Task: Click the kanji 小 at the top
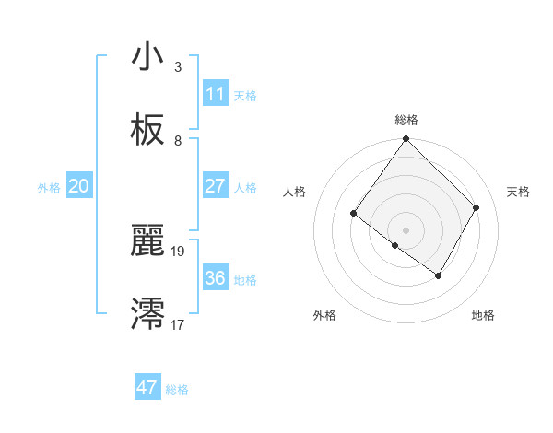click(x=147, y=57)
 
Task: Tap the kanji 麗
click(x=147, y=241)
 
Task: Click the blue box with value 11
click(x=215, y=94)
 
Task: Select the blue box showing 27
click(x=215, y=186)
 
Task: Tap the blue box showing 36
click(x=215, y=278)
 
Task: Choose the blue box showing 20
click(x=78, y=186)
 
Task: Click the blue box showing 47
click(x=147, y=388)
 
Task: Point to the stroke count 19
click(x=178, y=251)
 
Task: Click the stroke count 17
click(x=178, y=324)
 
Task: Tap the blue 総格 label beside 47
click(x=177, y=390)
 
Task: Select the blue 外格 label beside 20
click(x=49, y=188)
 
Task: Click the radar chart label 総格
click(x=406, y=120)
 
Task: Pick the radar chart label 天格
click(x=518, y=192)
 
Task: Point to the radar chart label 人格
click(x=294, y=192)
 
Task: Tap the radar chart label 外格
click(x=324, y=315)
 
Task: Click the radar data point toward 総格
click(x=406, y=139)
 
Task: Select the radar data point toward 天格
click(x=477, y=207)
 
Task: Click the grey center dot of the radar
click(x=406, y=229)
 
